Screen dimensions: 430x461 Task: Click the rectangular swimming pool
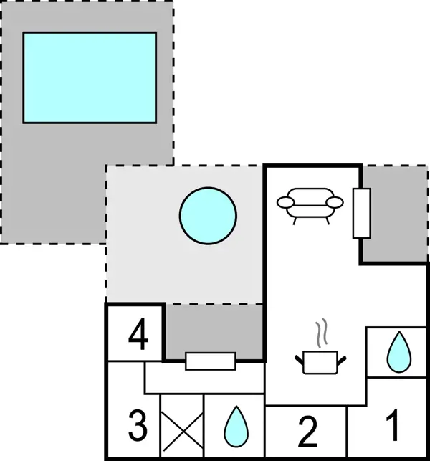coord(90,77)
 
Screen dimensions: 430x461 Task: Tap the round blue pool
coord(208,216)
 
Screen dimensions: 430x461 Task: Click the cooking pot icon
coord(320,362)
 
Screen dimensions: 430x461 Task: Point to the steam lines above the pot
coord(322,333)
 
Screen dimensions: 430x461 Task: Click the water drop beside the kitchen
coord(399,352)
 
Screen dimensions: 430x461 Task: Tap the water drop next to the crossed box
coord(236,426)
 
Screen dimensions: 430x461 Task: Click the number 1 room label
coord(393,425)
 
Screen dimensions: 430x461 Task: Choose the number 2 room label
coord(307,432)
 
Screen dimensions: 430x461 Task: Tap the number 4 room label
coord(138,334)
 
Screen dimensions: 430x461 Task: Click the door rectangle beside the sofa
coord(361,213)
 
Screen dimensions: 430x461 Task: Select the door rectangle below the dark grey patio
coord(211,361)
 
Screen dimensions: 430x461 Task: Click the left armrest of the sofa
coord(285,202)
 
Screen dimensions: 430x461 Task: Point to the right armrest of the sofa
coord(335,202)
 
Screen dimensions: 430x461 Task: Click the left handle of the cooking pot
coord(299,360)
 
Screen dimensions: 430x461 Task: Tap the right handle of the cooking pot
coord(342,360)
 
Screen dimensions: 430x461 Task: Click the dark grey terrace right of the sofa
coord(394,213)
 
